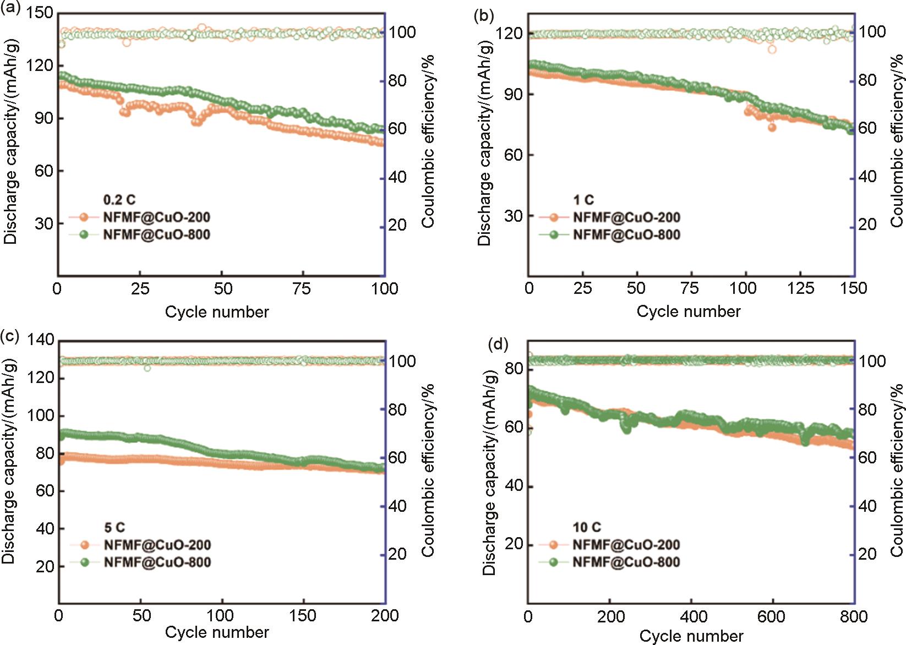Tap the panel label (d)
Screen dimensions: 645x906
coord(498,345)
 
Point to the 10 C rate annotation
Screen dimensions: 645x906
coord(587,527)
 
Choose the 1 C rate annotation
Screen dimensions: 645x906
coord(583,200)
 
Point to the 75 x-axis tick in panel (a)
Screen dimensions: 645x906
coord(302,288)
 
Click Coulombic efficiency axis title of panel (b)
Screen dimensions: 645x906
coord(897,140)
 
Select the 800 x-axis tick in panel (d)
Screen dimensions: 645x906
coord(854,616)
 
